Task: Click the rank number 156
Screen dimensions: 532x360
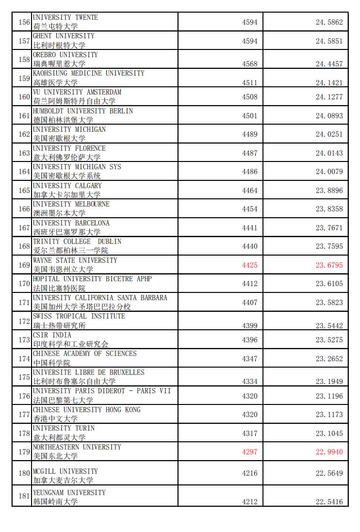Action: [24, 22]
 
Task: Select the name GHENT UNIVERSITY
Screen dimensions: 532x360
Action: [64, 36]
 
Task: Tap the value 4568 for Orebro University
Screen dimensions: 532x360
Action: [250, 64]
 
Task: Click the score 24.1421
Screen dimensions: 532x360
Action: [329, 82]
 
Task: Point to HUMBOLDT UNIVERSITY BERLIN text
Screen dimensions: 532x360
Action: [82, 111]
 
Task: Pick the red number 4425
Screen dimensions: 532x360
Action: [250, 265]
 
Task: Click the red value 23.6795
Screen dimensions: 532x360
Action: [329, 265]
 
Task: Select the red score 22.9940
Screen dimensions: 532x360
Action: [329, 451]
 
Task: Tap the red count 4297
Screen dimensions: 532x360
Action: [250, 451]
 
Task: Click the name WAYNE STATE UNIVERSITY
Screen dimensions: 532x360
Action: [75, 260]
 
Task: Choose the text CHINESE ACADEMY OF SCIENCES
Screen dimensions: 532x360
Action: [84, 354]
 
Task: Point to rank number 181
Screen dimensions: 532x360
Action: [24, 496]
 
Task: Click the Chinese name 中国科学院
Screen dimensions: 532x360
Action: [51, 363]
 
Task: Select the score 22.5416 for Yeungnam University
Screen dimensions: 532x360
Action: [329, 501]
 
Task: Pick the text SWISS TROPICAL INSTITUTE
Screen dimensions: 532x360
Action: [79, 316]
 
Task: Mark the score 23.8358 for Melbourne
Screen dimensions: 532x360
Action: [329, 209]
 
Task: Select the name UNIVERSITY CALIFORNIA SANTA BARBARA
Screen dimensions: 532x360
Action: [99, 298]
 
